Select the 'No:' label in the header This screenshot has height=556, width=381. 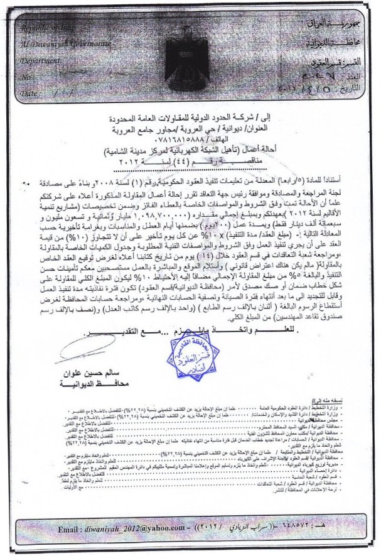pos(26,77)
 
